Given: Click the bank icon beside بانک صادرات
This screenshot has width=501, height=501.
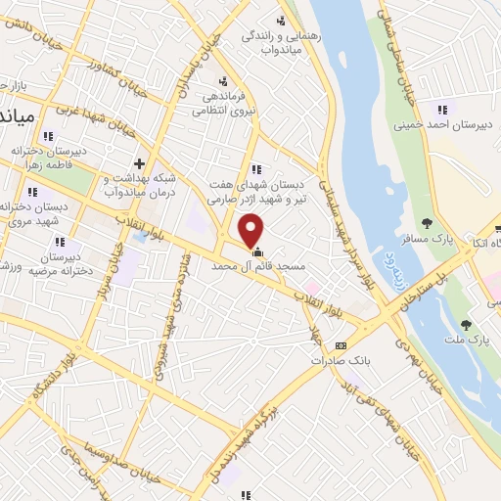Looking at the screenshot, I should point(340,344).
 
